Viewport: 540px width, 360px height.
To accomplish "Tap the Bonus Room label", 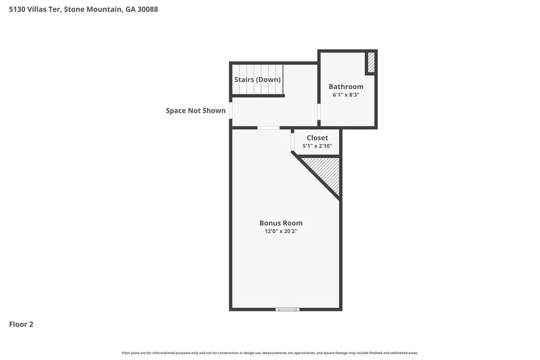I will pyautogui.click(x=281, y=223).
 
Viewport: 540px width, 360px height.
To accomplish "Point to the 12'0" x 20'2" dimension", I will pyautogui.click(x=281, y=232).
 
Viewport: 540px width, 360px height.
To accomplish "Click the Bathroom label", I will pyautogui.click(x=346, y=86).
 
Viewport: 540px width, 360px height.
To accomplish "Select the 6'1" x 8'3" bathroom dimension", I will pyautogui.click(x=346, y=95).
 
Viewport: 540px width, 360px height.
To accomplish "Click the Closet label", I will pyautogui.click(x=317, y=138).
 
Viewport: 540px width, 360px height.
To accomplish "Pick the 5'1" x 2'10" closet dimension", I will pyautogui.click(x=317, y=146).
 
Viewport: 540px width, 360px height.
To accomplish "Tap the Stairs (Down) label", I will pyautogui.click(x=257, y=80).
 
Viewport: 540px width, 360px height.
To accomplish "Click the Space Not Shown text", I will pyautogui.click(x=196, y=111).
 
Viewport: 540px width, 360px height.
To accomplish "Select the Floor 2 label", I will pyautogui.click(x=21, y=324).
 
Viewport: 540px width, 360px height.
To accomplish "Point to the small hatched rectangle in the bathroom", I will pyautogui.click(x=371, y=62).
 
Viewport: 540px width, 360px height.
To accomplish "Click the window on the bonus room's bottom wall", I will pyautogui.click(x=287, y=309).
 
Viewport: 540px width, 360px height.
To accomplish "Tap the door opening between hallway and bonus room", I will pyautogui.click(x=269, y=128).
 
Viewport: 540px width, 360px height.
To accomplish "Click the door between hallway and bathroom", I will pyautogui.click(x=319, y=112).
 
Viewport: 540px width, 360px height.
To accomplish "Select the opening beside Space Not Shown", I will pyautogui.click(x=231, y=110).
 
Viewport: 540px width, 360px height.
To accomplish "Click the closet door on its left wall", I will pyautogui.click(x=293, y=143).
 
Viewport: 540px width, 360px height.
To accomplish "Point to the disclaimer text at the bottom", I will pyautogui.click(x=270, y=353).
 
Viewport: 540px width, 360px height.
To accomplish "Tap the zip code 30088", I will pyautogui.click(x=146, y=10).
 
